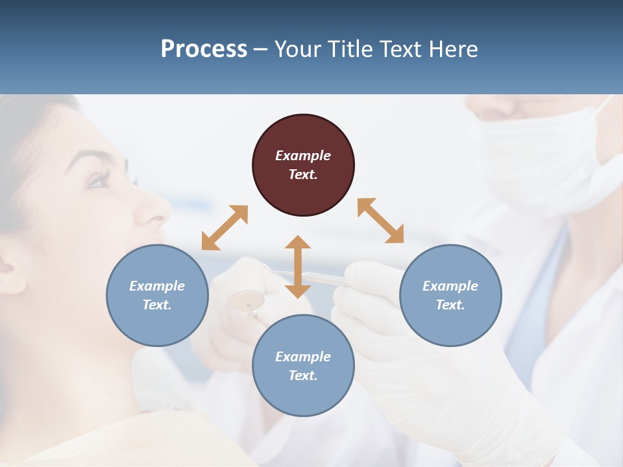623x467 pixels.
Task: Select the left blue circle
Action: coord(157,295)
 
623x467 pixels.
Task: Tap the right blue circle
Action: coord(450,295)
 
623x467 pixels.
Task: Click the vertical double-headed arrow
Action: coord(298,267)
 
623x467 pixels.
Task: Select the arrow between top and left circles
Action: coord(225,228)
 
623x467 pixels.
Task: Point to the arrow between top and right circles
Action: coord(380,221)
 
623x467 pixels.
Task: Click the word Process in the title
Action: coord(204,49)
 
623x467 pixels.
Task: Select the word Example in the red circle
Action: coord(303,156)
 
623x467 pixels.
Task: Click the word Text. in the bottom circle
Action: coord(303,376)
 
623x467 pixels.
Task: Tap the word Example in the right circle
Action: coord(450,286)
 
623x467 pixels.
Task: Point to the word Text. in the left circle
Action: coord(157,305)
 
